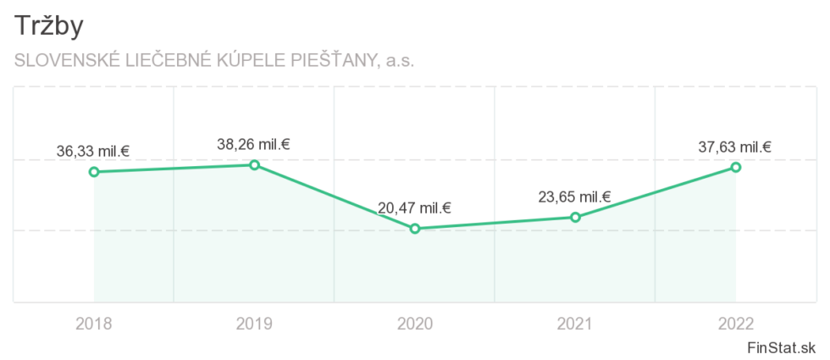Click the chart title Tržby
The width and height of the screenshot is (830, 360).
point(48,26)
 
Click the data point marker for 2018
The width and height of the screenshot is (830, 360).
point(94,172)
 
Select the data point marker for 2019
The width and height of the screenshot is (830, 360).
point(254,164)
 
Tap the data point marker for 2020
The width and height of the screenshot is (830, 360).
point(415,229)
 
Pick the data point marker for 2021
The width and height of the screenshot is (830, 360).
point(575,217)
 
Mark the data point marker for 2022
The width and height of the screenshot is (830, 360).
point(736,167)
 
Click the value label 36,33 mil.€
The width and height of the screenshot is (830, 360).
point(93,152)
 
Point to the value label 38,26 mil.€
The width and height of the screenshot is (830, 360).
point(253,144)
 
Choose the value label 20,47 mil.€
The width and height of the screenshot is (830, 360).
point(414,208)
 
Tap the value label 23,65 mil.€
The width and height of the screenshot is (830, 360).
point(574,197)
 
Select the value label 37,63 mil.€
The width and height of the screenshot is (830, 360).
point(734,147)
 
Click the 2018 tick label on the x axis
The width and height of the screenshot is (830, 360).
point(94,324)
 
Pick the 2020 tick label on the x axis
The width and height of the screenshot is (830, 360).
point(415,324)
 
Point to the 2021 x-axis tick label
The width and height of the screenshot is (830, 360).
point(575,324)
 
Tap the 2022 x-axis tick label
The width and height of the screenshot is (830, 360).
point(736,324)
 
